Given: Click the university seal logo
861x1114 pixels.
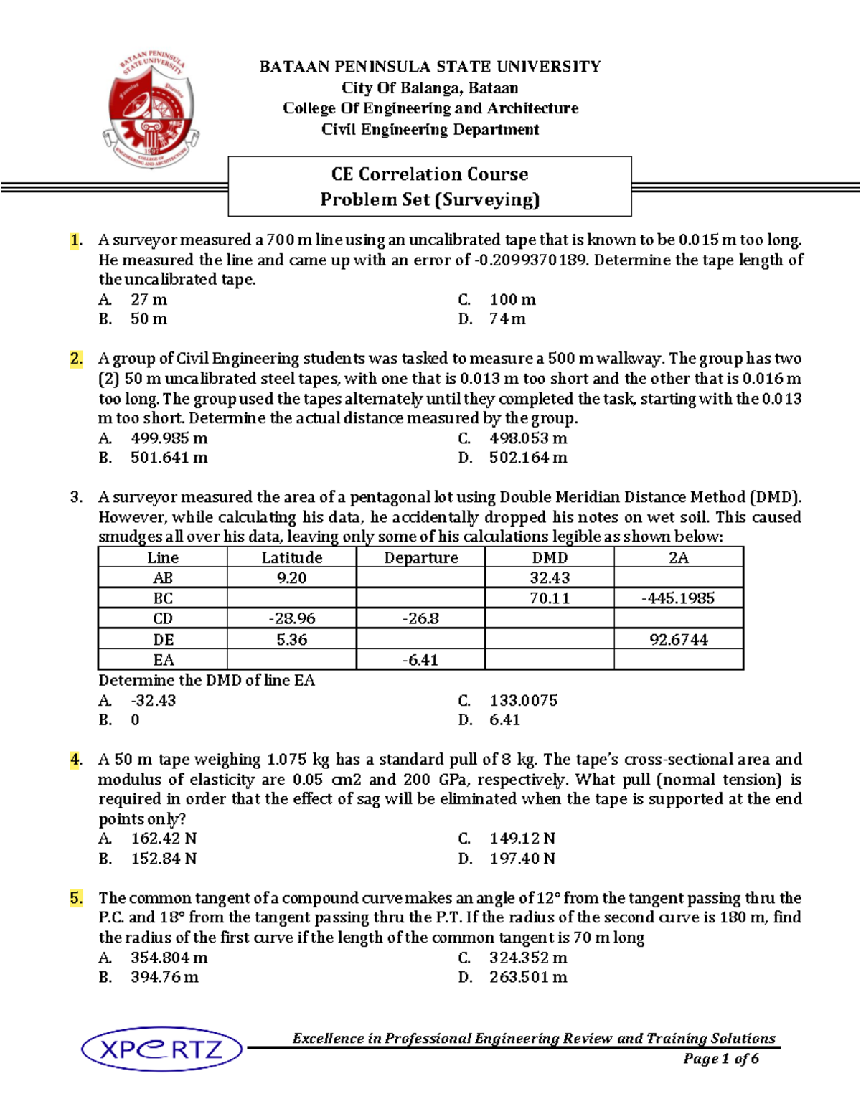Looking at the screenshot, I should point(151,109).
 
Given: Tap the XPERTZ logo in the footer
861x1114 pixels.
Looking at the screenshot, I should point(162,1049).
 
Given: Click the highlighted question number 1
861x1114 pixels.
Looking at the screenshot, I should point(76,240).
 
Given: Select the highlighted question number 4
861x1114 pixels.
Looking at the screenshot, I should point(76,760).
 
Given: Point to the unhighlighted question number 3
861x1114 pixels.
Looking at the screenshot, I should point(76,497).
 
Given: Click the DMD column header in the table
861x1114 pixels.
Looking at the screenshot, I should point(550,557).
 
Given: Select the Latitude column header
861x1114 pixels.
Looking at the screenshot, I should point(291,557).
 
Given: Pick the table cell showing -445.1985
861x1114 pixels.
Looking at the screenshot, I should point(678,598).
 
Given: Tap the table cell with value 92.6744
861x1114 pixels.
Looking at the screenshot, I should point(678,639).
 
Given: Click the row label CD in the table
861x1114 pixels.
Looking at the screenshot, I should point(163,618).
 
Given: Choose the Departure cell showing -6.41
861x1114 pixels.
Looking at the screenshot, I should point(420,660).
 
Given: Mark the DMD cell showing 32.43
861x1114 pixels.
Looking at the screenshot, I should point(550,577).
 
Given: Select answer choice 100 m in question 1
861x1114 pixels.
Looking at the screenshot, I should point(512,300).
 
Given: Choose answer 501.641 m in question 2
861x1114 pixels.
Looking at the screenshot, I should point(169,458).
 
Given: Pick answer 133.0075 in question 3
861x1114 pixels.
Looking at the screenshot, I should point(523,701).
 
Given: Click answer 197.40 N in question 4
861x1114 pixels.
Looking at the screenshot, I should point(522,859).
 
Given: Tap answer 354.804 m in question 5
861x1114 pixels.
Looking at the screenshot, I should point(169,958).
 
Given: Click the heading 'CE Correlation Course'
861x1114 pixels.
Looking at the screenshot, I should point(429,174).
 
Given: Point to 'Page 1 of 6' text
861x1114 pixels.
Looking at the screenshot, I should point(720,1059).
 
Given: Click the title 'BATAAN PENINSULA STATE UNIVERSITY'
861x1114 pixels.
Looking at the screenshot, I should point(430,67).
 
